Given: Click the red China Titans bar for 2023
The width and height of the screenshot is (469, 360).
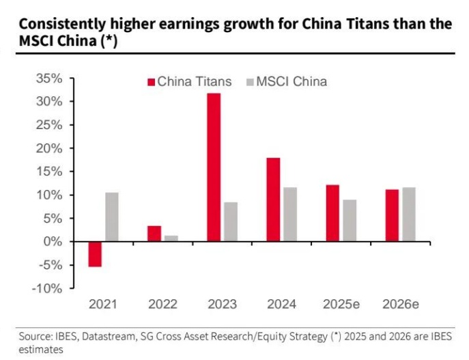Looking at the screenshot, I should tap(214, 167).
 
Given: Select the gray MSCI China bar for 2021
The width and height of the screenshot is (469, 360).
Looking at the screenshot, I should tap(111, 217).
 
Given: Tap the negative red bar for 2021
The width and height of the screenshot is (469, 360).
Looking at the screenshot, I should tap(95, 254).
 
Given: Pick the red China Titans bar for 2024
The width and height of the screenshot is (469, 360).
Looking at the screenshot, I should tap(273, 199).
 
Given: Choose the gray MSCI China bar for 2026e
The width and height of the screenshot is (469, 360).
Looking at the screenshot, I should tap(408, 214).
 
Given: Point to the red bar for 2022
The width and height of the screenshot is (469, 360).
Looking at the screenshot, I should tap(154, 234).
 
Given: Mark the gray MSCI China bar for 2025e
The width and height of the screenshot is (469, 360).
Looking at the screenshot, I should tap(349, 221).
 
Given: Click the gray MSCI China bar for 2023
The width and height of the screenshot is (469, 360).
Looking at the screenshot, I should tap(230, 222).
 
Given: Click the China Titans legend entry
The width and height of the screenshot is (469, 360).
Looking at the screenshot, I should tap(189, 82).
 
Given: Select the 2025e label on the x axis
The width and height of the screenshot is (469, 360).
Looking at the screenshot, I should tap(341, 304).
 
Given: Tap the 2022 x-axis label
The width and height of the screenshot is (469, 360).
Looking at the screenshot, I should tap(162, 304).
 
